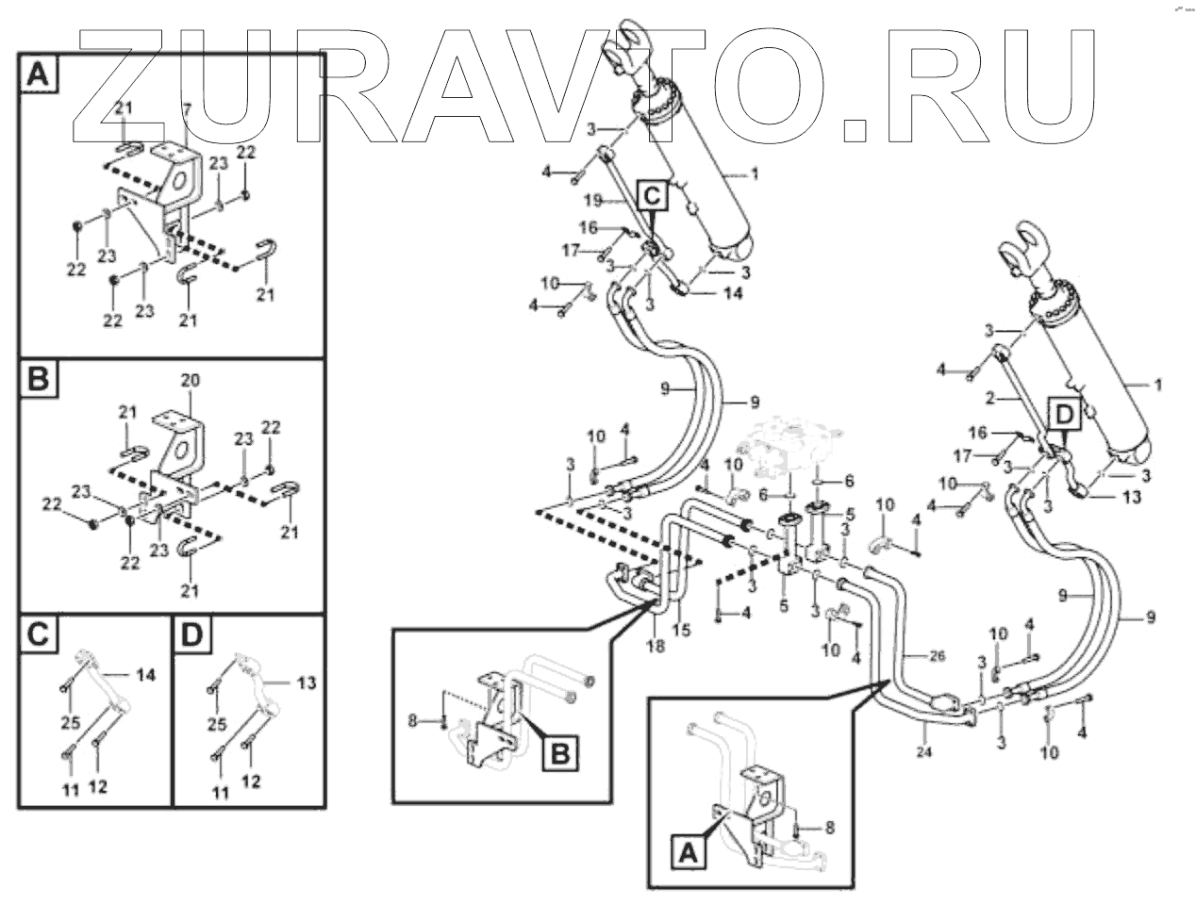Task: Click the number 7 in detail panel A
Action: tap(187, 110)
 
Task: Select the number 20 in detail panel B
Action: tap(191, 382)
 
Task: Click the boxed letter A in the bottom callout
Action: tap(688, 853)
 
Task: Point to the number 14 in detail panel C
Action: tap(144, 674)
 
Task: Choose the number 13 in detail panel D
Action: tap(307, 682)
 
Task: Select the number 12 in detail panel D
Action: tap(251, 781)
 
